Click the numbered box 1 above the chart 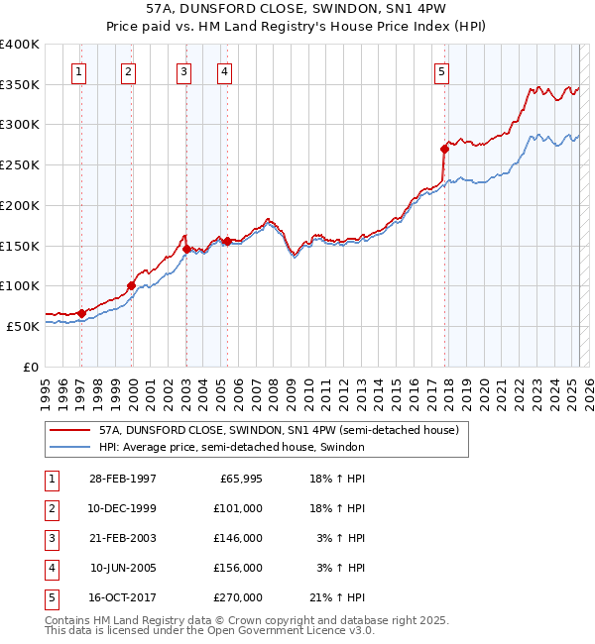click(x=78, y=70)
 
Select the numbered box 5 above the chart click(x=441, y=70)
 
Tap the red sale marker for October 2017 click(x=444, y=149)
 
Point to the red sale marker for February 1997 click(x=81, y=313)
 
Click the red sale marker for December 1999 click(x=131, y=285)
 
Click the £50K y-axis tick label click(x=24, y=326)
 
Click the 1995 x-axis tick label click(x=45, y=386)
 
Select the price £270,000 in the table click(x=238, y=597)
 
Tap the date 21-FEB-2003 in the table click(x=122, y=538)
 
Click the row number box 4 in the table click(x=51, y=568)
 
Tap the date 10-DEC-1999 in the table click(x=122, y=508)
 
